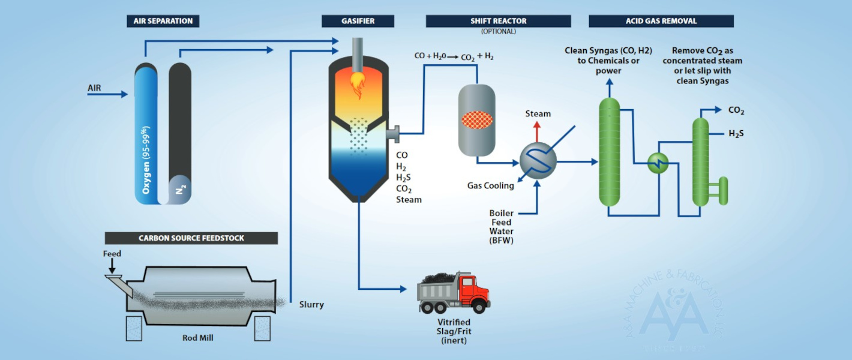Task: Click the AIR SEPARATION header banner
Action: [x=163, y=21]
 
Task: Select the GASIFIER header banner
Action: [x=358, y=21]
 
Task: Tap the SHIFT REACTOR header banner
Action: [x=498, y=21]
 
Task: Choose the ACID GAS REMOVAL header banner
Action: [x=661, y=21]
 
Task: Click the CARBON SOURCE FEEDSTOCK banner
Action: [x=191, y=238]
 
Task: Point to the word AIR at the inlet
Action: [x=95, y=88]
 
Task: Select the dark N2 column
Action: [x=179, y=120]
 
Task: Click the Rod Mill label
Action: [x=197, y=338]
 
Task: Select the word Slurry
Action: [x=311, y=305]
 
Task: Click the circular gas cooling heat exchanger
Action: [x=538, y=161]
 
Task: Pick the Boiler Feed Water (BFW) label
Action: [x=502, y=227]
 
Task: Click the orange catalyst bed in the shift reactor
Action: [x=477, y=120]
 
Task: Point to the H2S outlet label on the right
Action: [x=736, y=133]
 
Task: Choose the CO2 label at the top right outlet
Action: [x=736, y=110]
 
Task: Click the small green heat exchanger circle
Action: [x=658, y=162]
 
